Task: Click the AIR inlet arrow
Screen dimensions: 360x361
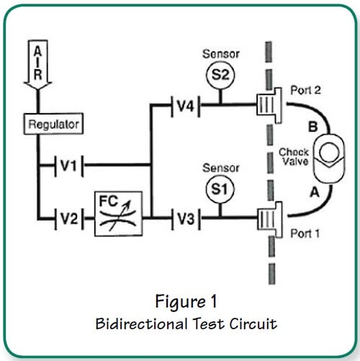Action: click(x=38, y=65)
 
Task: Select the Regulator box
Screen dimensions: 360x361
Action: click(x=53, y=124)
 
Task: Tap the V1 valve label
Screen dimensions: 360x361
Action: click(x=68, y=165)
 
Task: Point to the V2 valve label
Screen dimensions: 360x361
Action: click(x=69, y=218)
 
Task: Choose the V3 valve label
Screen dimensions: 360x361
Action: click(x=186, y=219)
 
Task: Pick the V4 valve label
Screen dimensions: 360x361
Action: click(x=185, y=105)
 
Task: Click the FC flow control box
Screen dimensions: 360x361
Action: click(x=118, y=213)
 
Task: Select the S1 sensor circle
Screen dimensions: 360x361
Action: click(x=220, y=189)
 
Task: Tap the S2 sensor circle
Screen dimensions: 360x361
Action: click(x=220, y=75)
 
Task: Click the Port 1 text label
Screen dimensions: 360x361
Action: click(x=305, y=233)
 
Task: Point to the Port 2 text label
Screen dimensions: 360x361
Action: click(x=305, y=90)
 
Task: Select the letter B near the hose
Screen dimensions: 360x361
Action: click(x=312, y=127)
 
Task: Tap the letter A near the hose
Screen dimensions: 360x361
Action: click(x=315, y=192)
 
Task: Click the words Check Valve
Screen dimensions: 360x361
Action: click(x=294, y=156)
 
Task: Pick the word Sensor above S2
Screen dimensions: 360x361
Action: click(x=221, y=54)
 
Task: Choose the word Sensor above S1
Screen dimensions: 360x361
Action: click(x=221, y=168)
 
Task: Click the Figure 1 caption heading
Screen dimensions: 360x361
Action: click(x=186, y=301)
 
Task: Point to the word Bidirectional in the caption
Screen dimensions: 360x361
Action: click(x=141, y=324)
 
